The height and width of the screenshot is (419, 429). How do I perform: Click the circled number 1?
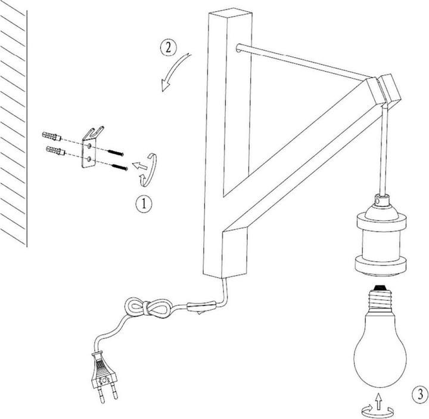tap(144, 204)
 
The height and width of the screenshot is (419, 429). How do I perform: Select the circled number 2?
tap(168, 48)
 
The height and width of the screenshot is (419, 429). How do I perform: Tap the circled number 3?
tap(419, 395)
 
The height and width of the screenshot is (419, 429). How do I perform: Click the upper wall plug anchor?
tap(51, 136)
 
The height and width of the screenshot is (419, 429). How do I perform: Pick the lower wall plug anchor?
tap(56, 150)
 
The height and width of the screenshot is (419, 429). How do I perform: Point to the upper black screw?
tap(116, 153)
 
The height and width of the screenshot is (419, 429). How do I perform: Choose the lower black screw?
tap(120, 167)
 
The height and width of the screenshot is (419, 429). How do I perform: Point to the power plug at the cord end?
tap(104, 376)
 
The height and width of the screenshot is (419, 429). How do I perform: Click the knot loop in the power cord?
tap(148, 308)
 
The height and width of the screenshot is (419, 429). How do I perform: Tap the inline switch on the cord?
tap(201, 306)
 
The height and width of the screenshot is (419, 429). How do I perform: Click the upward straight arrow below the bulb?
tap(378, 402)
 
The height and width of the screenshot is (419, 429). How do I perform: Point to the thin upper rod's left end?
tap(238, 48)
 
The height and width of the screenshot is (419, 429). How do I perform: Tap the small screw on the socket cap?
tap(378, 201)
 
